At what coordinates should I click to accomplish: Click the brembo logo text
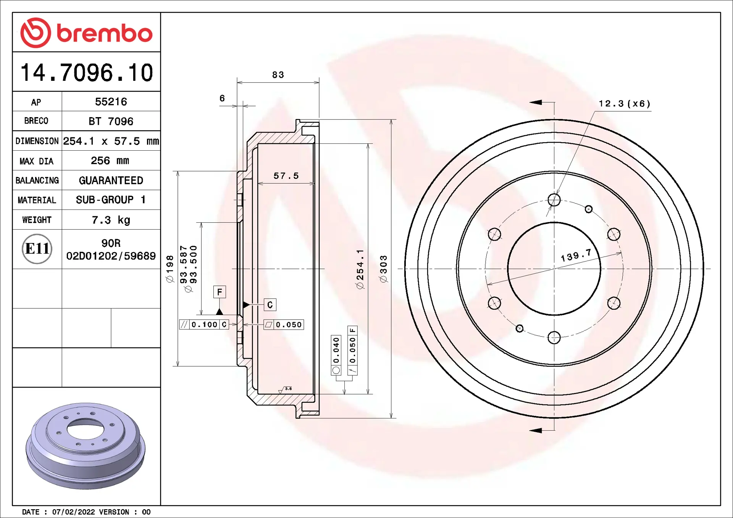105,33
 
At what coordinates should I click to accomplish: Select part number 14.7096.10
87,72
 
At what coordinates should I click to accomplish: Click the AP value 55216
111,102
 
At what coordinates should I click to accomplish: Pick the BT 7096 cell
111,121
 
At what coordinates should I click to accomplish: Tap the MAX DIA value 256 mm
110,161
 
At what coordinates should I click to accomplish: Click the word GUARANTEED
111,180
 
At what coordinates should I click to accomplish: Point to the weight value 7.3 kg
111,220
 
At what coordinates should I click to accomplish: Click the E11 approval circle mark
37,249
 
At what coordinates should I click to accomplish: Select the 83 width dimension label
278,75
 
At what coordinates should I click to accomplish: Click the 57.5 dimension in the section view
286,176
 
